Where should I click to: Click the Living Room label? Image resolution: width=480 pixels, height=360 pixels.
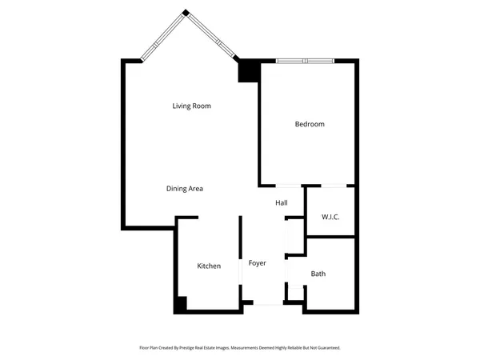(191, 106)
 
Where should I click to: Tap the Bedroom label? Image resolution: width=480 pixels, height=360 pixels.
(310, 124)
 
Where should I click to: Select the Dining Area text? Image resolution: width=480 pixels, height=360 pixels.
(185, 189)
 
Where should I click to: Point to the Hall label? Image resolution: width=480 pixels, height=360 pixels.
(282, 203)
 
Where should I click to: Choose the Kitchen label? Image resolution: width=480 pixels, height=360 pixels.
(209, 266)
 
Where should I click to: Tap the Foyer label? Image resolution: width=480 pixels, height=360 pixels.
(257, 263)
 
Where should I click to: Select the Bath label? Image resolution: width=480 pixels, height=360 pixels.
(318, 274)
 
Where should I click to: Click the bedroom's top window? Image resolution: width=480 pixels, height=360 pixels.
(305, 60)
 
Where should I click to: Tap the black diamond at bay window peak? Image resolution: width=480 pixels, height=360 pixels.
(186, 12)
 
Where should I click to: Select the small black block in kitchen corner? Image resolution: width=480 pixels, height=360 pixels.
(182, 304)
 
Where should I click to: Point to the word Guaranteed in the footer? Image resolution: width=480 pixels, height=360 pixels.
(326, 348)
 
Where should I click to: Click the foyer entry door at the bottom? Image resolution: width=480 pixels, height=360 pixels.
(268, 303)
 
